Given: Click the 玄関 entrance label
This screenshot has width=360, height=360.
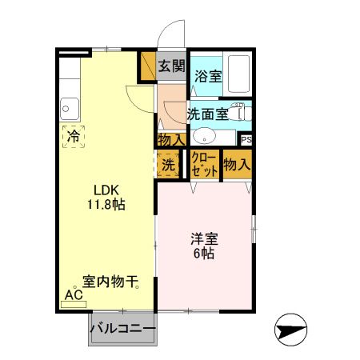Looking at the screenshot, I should [x=171, y=66].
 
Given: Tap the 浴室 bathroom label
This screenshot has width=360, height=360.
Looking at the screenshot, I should [x=208, y=78].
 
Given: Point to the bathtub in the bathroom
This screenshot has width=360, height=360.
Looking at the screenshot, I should [x=238, y=74].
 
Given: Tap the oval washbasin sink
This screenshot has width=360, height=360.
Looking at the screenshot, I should [x=203, y=135].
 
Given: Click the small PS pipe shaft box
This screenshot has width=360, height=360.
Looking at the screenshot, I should [x=245, y=138].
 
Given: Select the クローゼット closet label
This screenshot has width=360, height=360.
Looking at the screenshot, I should [x=204, y=165].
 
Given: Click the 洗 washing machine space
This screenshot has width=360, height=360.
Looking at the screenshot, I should [x=168, y=165].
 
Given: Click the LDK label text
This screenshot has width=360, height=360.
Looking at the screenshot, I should [x=106, y=190].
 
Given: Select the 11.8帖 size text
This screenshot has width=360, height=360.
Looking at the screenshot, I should [x=106, y=204].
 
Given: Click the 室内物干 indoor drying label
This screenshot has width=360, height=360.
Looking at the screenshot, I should [x=110, y=282].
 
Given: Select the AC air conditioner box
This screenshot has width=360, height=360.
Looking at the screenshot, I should [x=74, y=294].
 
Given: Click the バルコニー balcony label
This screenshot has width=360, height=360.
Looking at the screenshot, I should [x=122, y=328].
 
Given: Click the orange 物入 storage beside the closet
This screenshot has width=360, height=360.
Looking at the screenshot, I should [x=237, y=165].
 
